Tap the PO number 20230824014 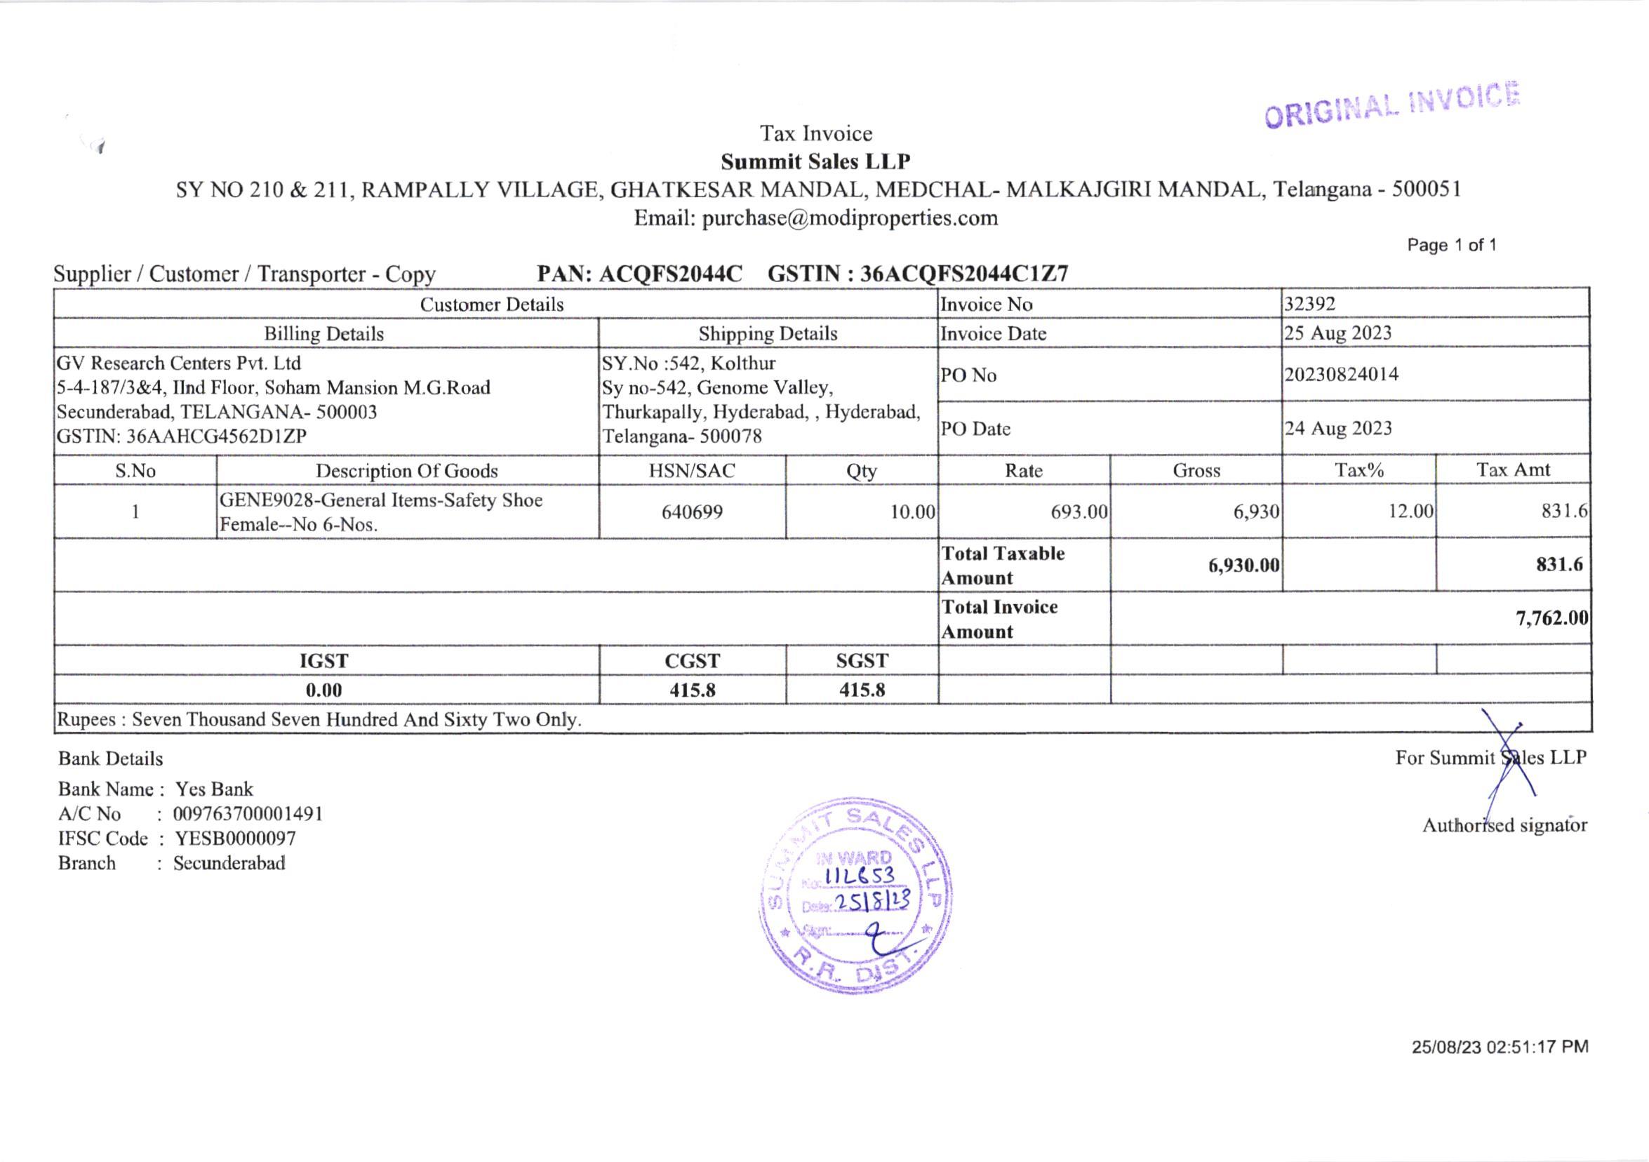[x=1341, y=374]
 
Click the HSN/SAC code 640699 [x=692, y=512]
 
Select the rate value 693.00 [x=1079, y=512]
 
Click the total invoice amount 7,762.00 [x=1551, y=618]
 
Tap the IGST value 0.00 [x=324, y=690]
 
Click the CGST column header [x=693, y=661]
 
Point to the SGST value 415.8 [x=862, y=690]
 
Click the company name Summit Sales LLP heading [x=815, y=161]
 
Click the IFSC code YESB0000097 [x=235, y=838]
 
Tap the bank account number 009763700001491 [x=248, y=814]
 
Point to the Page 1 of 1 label [x=1452, y=245]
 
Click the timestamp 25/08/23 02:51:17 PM [x=1500, y=1047]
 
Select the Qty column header [x=861, y=470]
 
